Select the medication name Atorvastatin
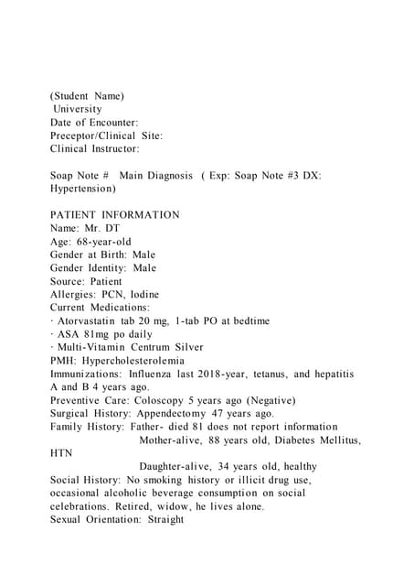84,321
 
